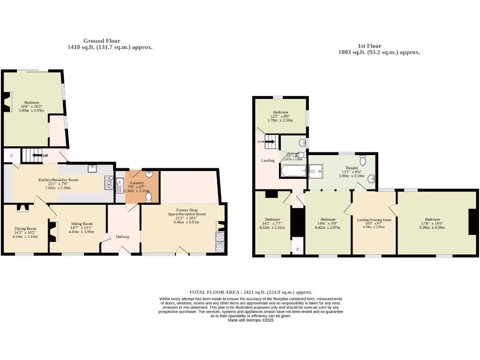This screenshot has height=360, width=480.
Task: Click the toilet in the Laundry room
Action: pyautogui.click(x=149, y=198)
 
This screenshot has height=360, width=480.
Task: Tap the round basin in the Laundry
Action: pyautogui.click(x=149, y=175)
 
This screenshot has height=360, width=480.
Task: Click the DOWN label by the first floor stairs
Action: pyautogui.click(x=260, y=141)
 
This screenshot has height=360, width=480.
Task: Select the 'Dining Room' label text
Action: pyautogui.click(x=22, y=229)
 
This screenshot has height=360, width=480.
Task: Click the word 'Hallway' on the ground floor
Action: pyautogui.click(x=123, y=237)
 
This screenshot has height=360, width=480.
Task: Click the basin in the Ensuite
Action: pyautogui.click(x=371, y=178)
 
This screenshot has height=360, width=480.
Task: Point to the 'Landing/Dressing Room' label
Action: pyautogui.click(x=374, y=220)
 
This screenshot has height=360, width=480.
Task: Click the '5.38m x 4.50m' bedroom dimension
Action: pyautogui.click(x=432, y=227)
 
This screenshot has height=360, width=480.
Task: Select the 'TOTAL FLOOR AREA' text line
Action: pyautogui.click(x=250, y=292)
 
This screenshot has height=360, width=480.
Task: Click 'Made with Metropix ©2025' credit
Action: pyautogui.click(x=250, y=320)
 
